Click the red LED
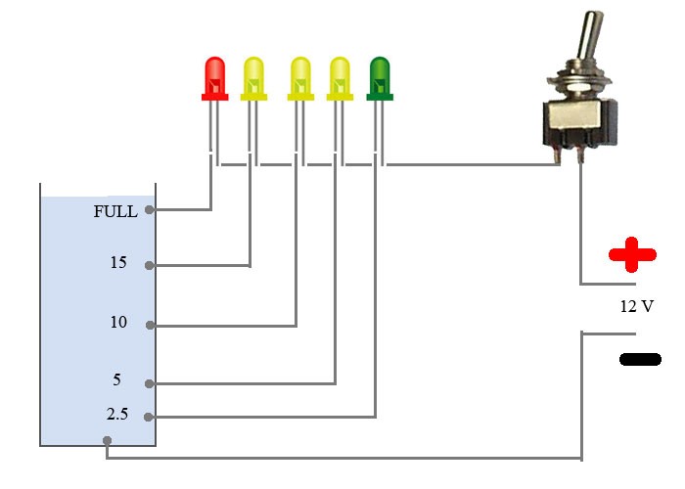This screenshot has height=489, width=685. (x=214, y=76)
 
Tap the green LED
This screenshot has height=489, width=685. (x=380, y=76)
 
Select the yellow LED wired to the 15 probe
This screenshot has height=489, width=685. (x=253, y=76)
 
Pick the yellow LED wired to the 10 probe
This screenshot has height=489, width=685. (x=300, y=76)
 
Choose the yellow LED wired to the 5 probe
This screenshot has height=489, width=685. (x=340, y=76)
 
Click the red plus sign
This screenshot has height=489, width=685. (x=631, y=255)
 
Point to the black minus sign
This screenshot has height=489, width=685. (x=640, y=359)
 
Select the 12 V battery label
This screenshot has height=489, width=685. (x=636, y=306)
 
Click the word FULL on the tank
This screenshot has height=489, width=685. (x=115, y=211)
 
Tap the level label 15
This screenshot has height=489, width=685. (x=119, y=263)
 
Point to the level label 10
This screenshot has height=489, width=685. (x=118, y=322)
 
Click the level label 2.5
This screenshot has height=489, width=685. (x=117, y=414)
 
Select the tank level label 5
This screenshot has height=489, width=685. (x=116, y=379)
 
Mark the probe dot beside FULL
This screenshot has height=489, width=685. (x=149, y=209)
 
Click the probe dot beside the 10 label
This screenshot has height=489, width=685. (x=149, y=325)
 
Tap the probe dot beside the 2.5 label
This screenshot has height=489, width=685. (x=149, y=417)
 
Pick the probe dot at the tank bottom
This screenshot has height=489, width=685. (x=108, y=441)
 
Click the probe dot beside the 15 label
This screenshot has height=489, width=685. (x=149, y=264)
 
